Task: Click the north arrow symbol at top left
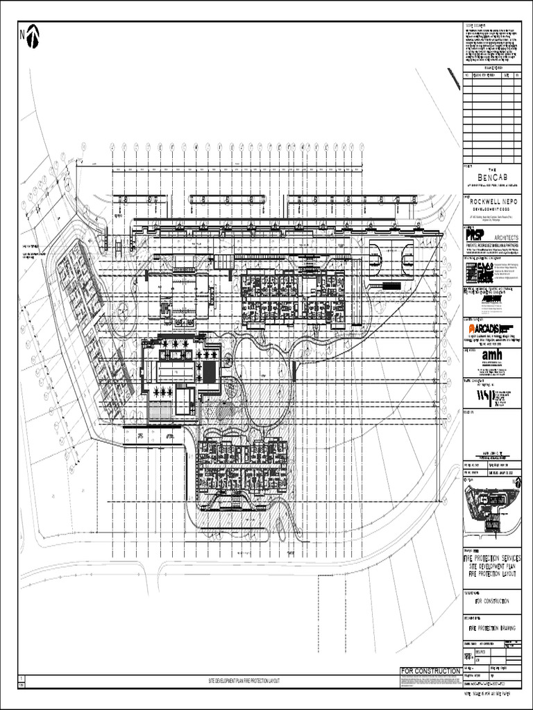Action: pyautogui.click(x=32, y=37)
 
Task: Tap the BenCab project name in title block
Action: pyautogui.click(x=492, y=178)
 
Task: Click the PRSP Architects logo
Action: pyautogui.click(x=475, y=236)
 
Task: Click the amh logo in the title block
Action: pyautogui.click(x=491, y=355)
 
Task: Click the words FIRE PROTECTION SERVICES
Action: pyautogui.click(x=492, y=559)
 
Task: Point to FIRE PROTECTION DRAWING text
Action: pyautogui.click(x=492, y=628)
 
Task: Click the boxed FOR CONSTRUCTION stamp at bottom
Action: pyautogui.click(x=430, y=671)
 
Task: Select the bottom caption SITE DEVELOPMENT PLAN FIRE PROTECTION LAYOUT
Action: pyautogui.click(x=244, y=682)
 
